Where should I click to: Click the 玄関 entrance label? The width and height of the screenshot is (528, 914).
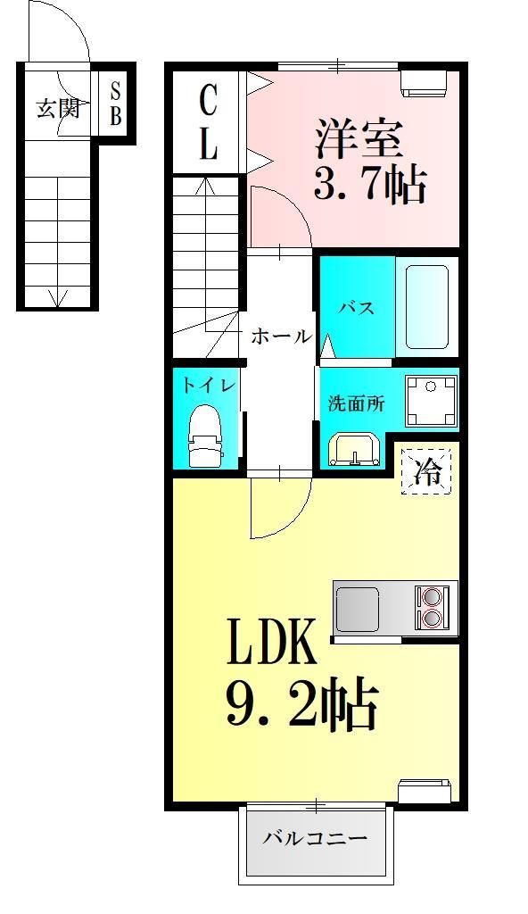[x=58, y=109]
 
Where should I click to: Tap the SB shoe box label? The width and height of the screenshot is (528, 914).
[x=116, y=104]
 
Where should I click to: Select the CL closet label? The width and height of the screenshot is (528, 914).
[x=208, y=123]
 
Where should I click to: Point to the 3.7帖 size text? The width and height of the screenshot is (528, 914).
[x=368, y=186]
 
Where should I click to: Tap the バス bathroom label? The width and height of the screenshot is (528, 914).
[x=355, y=309]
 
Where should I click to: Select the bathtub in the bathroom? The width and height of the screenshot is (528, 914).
[x=426, y=306]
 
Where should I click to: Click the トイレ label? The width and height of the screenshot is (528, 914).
[x=209, y=386]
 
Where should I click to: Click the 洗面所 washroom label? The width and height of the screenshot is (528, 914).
[x=355, y=403]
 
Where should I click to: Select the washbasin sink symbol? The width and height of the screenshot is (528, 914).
[x=354, y=450]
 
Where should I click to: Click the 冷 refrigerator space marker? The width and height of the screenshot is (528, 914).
[x=426, y=469]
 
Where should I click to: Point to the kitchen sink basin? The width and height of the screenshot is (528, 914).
[x=359, y=608]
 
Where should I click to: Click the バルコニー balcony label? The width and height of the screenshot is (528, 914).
[x=315, y=839]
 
